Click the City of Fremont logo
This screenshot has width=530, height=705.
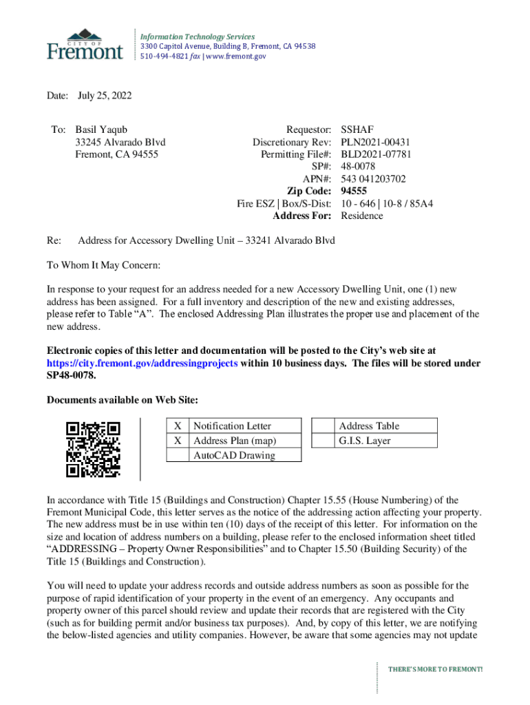pos(85,44)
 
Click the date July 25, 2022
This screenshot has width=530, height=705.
pos(105,96)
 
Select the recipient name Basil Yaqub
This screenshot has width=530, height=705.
pos(101,129)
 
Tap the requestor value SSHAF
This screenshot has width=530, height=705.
pos(357,129)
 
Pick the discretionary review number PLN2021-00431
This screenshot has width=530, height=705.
pos(376,142)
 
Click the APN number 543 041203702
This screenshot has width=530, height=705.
pos(373,179)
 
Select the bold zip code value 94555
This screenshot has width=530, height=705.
pos(354,191)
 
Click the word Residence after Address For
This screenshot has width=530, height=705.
pos(362,216)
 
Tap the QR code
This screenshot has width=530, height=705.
pos(93,449)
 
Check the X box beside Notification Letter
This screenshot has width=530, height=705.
pos(178,426)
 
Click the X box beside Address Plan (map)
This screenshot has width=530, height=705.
pos(178,441)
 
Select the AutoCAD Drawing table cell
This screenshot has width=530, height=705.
pos(234,455)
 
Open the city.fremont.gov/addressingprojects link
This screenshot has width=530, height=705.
pos(142,363)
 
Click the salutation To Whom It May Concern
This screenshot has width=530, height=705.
pos(103,265)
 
